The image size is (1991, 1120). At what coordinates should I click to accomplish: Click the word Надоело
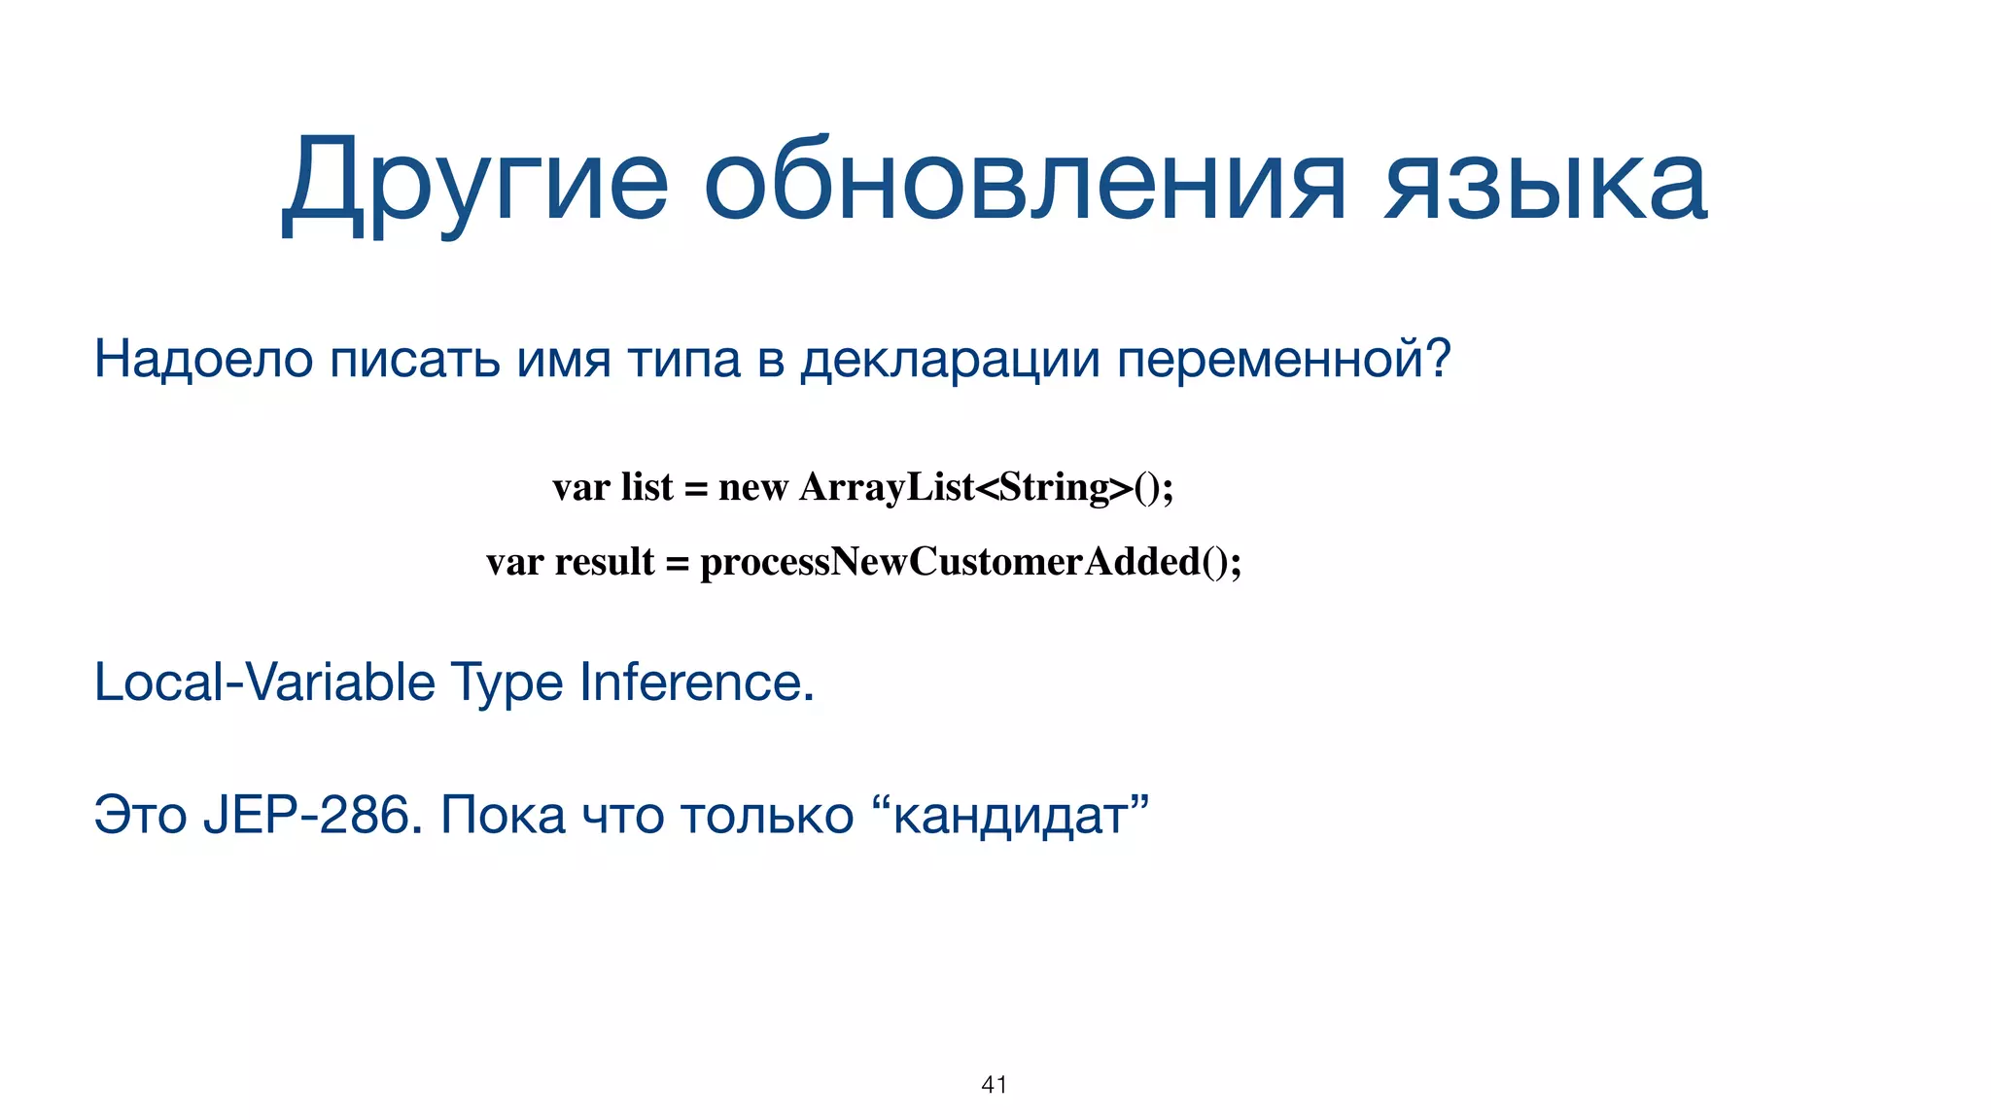coord(203,359)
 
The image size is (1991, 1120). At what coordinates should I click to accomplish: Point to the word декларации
coord(950,359)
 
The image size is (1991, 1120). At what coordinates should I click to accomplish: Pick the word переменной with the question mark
coord(1282,359)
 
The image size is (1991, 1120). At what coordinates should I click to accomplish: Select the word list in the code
coord(646,487)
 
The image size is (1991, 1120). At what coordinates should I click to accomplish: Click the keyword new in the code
coord(752,487)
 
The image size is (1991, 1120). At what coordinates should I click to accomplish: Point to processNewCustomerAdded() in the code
coord(970,562)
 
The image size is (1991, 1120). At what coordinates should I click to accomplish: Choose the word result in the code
coord(605,562)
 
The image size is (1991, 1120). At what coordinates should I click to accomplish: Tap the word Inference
coord(696,682)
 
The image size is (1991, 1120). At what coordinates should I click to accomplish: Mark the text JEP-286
coord(312,815)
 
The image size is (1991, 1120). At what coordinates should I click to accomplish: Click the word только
coord(767,815)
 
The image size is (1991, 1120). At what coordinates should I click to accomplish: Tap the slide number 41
coord(995,1085)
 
